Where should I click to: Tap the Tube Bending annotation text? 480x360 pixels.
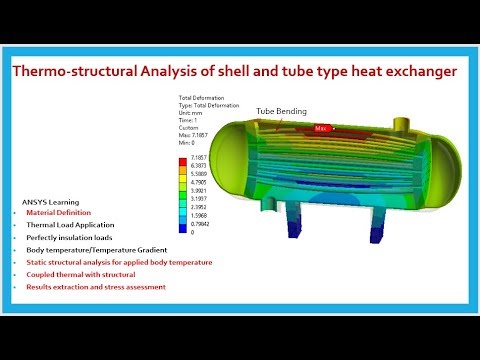click(x=282, y=111)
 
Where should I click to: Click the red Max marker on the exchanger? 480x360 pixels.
click(x=321, y=128)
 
